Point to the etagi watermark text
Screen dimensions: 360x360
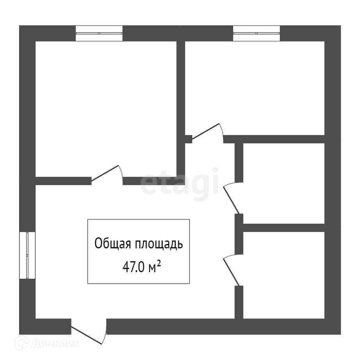[180, 182]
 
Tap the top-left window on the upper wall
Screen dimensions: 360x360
[99, 34]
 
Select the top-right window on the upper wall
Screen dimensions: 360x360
[257, 34]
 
